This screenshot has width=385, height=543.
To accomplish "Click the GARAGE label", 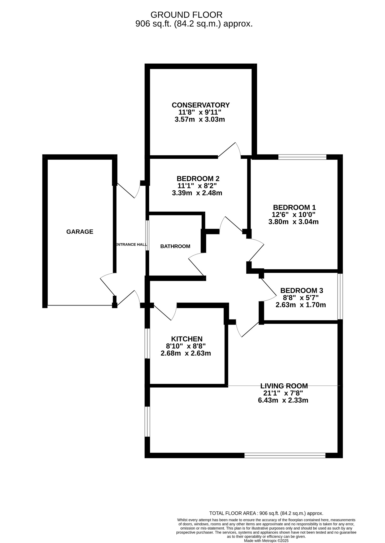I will (80, 232).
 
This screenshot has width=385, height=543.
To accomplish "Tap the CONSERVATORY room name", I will (200, 105).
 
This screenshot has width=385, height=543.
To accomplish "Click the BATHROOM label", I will (175, 246).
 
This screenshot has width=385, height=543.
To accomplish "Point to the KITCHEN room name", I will (187, 339).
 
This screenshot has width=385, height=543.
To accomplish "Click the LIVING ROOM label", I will (284, 386).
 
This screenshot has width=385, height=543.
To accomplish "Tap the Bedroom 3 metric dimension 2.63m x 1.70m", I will (300, 305).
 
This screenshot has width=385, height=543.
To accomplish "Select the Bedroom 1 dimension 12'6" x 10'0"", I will (293, 214).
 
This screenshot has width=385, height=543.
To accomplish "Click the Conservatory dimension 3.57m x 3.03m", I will (200, 119).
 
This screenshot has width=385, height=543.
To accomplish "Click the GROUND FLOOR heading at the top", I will (186, 15).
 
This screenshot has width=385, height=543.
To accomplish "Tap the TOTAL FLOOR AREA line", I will (266, 513).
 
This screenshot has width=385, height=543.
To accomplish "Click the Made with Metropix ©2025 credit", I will (266, 541).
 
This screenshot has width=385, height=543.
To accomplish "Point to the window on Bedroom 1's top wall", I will (302, 157).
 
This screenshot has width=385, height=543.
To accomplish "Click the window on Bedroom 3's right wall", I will (340, 296).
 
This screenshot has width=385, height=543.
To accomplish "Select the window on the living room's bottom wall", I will (285, 456).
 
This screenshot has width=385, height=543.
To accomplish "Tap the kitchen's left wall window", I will (147, 343).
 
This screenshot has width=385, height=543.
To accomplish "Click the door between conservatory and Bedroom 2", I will (229, 152).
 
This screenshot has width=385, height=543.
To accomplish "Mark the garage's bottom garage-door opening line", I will (80, 305).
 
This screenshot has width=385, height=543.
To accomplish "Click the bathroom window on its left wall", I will (147, 235).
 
